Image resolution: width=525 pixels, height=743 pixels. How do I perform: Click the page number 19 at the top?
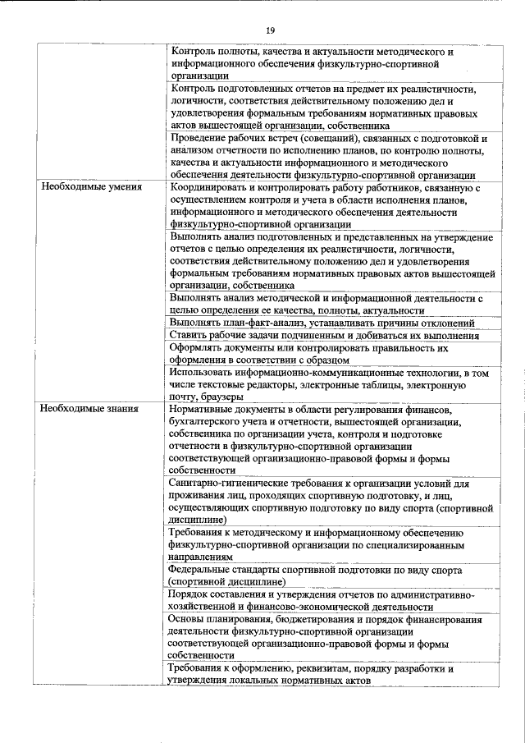pyautogui.click(x=270, y=30)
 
